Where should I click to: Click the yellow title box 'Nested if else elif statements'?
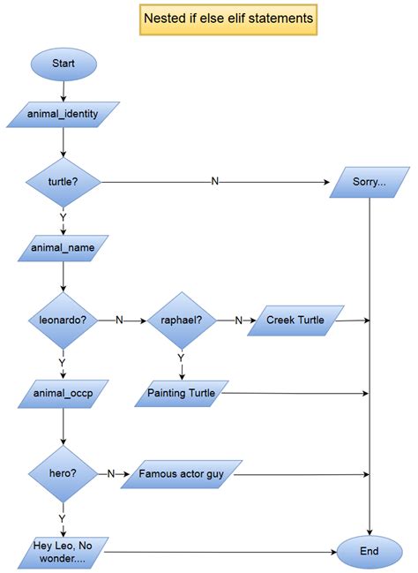[x=228, y=18]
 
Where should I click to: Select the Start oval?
[x=63, y=64]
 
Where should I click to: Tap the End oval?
[x=369, y=551]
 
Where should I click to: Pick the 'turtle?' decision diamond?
[x=63, y=182]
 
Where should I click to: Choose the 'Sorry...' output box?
[x=369, y=182]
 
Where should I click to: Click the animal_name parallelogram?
[x=63, y=248]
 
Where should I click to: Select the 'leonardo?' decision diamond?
[x=63, y=320]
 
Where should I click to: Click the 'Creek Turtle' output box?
[x=295, y=320]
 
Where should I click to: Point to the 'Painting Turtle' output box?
[x=182, y=392]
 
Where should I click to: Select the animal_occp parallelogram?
[x=63, y=392]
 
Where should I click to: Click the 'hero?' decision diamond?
[x=63, y=473]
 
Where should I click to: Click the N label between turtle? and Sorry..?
[x=215, y=182]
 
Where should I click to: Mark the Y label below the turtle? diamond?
[x=63, y=215]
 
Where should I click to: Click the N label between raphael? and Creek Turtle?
[x=238, y=320]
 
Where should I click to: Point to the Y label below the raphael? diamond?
[x=180, y=358]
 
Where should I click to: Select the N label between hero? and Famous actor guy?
[x=111, y=473]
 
